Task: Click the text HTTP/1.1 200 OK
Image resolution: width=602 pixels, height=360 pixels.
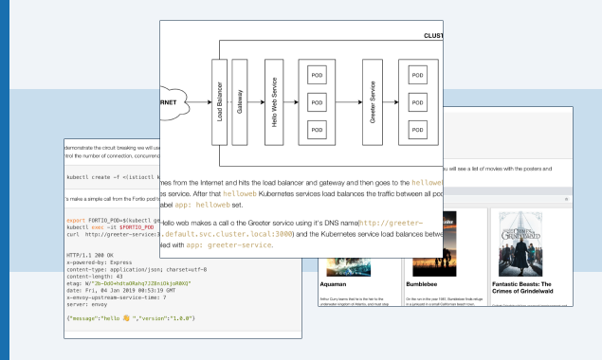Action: [92, 256]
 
